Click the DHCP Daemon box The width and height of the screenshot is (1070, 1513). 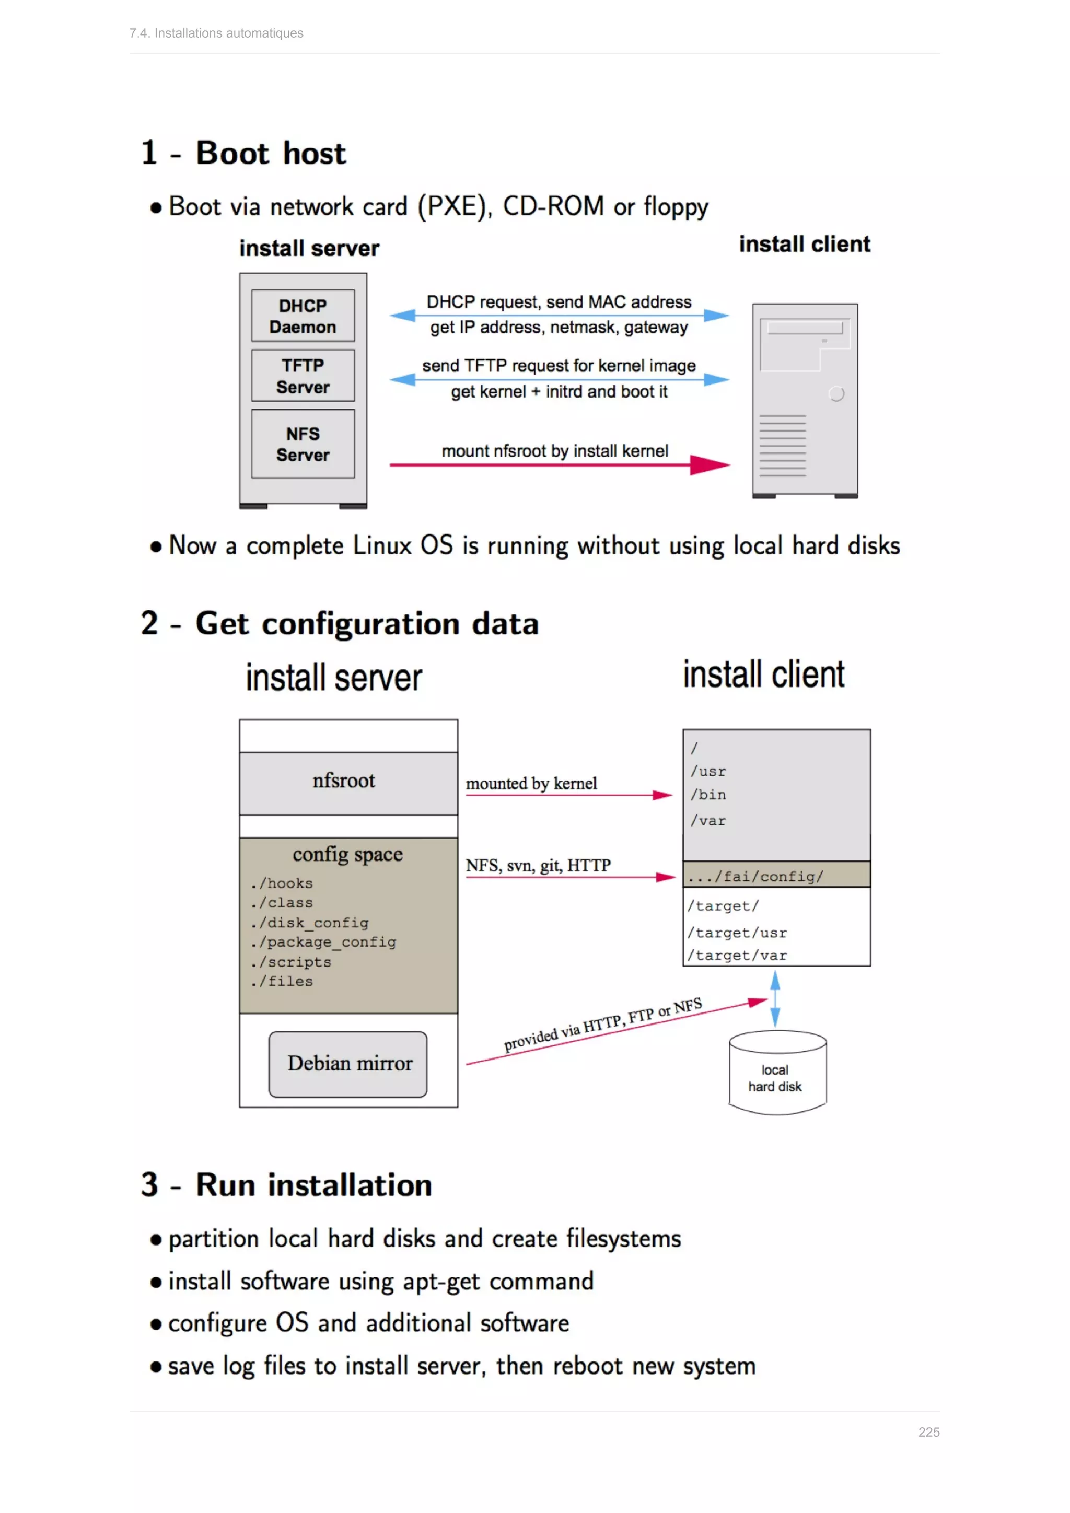[x=303, y=316]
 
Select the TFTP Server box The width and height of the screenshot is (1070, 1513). [x=303, y=376]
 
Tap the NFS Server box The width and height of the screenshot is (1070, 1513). [x=303, y=444]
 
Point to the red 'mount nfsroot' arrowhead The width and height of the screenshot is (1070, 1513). [x=710, y=465]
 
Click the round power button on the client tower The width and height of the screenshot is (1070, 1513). [x=836, y=393]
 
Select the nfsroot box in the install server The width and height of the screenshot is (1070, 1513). [x=348, y=783]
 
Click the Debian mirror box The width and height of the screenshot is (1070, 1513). [x=348, y=1064]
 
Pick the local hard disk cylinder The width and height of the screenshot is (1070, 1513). [x=777, y=1074]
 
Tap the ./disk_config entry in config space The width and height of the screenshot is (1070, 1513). [x=310, y=923]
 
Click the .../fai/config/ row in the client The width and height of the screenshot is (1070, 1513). [x=776, y=875]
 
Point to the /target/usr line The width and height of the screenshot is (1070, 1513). [x=737, y=933]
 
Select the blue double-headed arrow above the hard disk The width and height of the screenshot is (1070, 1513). [x=775, y=999]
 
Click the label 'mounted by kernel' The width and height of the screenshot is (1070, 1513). [x=531, y=784]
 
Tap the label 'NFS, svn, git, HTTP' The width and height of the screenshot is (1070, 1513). [x=538, y=865]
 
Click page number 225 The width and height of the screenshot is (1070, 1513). [x=928, y=1432]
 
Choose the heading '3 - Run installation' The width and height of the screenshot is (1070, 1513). [x=287, y=1185]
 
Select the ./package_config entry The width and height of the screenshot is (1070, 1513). [x=323, y=942]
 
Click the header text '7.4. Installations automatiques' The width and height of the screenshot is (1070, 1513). [x=216, y=33]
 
